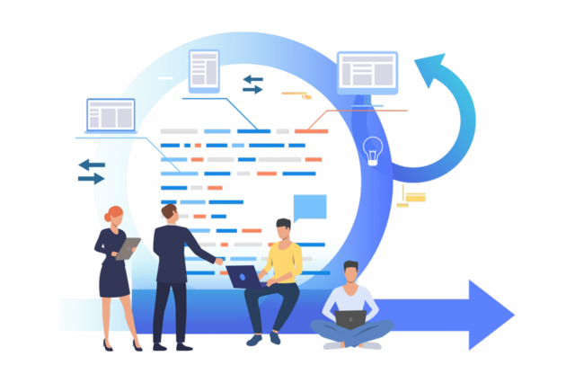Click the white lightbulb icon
373,150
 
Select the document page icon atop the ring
204,69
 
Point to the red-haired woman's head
115,217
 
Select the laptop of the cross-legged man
349,318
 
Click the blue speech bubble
309,208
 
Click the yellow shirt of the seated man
284,262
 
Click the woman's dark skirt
115,280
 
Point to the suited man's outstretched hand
219,262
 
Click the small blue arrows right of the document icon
252,84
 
